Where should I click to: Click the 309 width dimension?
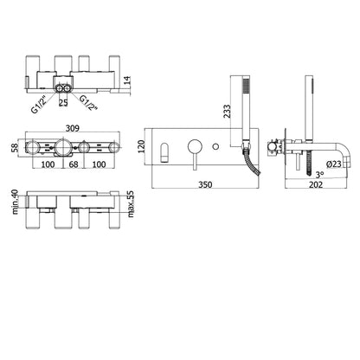click(x=72, y=128)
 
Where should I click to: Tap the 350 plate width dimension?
click(x=205, y=184)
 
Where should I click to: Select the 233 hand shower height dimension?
click(x=227, y=111)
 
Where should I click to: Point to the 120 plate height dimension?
click(x=141, y=147)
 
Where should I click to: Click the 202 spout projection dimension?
click(x=316, y=184)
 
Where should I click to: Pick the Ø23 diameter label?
click(x=334, y=164)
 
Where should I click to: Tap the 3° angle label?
click(x=319, y=174)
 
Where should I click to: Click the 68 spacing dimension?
click(x=74, y=164)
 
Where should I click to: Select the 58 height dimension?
click(x=15, y=148)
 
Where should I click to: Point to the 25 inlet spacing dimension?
click(x=63, y=102)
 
